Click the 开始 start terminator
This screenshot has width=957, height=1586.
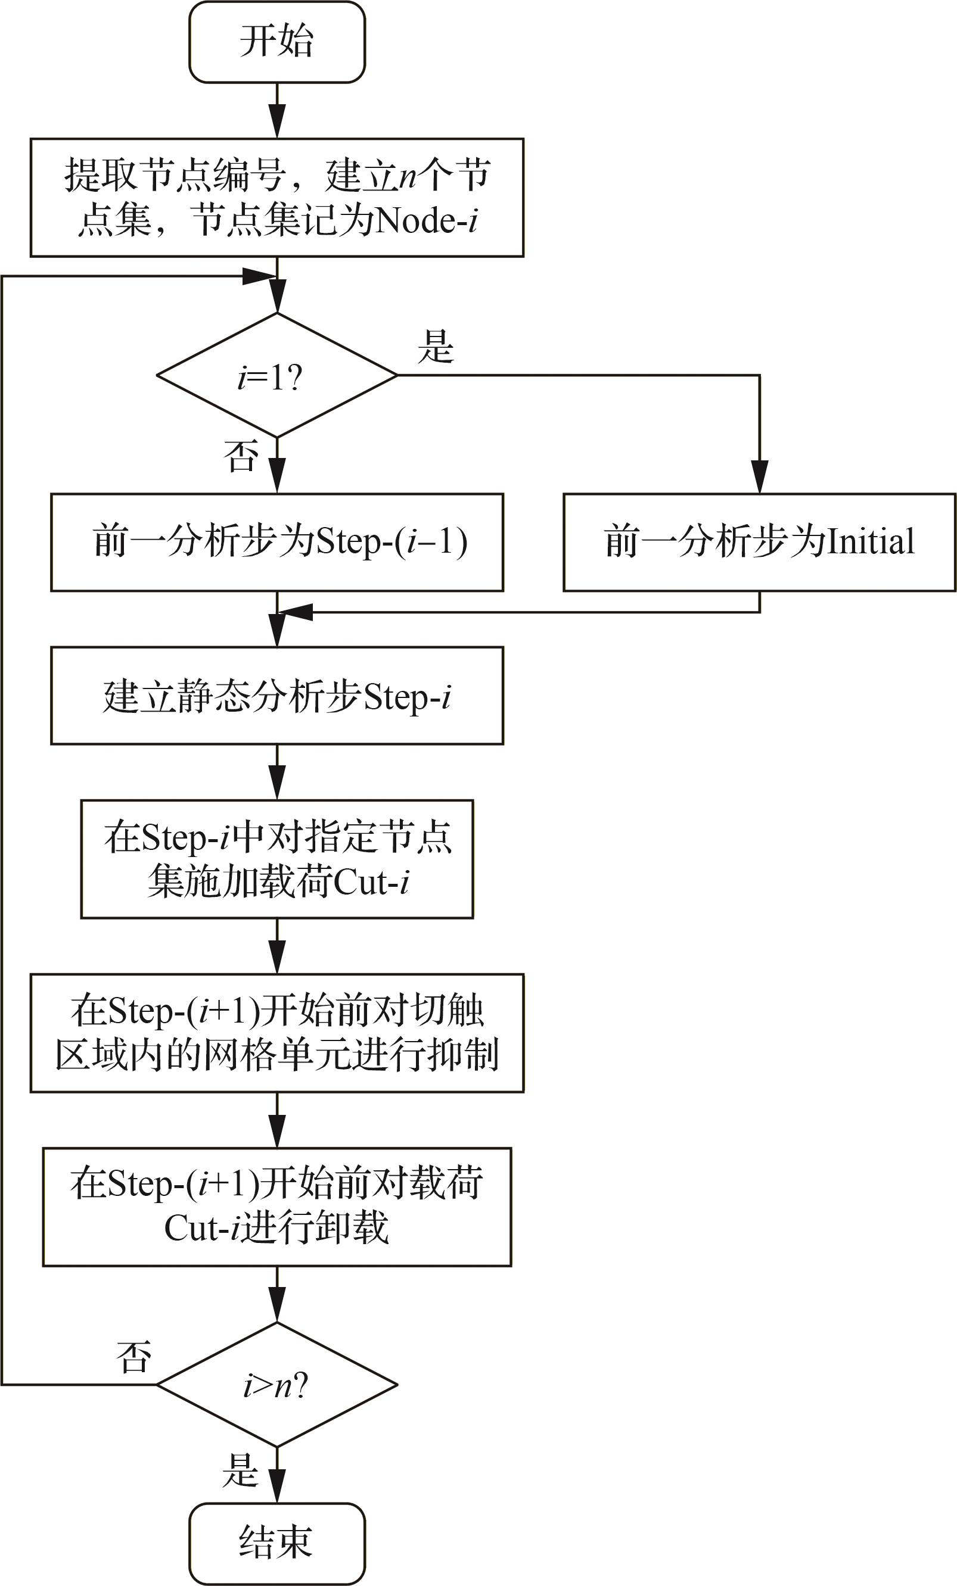click(277, 42)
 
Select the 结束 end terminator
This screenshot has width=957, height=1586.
click(277, 1544)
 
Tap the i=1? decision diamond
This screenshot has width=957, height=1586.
click(277, 375)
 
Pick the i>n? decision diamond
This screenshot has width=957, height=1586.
click(277, 1385)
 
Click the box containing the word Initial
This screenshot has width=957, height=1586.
click(759, 542)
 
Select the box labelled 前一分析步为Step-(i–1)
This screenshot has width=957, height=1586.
click(277, 542)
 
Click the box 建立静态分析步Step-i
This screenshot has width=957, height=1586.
click(277, 696)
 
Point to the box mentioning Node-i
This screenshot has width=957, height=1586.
click(277, 198)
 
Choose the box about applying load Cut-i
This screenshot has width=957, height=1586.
click(277, 859)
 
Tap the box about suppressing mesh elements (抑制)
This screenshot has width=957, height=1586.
click(277, 1033)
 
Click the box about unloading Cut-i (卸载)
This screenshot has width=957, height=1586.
click(277, 1207)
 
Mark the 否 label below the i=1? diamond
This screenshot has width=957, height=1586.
click(241, 456)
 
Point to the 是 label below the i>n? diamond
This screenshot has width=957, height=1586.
click(241, 1469)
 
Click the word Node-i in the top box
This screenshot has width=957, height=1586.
click(426, 220)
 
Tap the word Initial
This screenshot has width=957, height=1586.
click(870, 541)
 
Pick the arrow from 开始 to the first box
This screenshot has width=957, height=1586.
click(277, 110)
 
